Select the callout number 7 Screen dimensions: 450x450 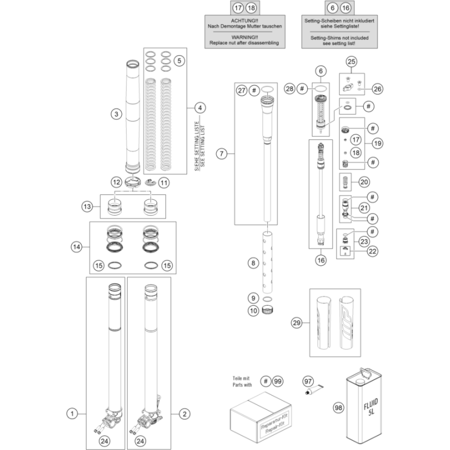click(x=222, y=153)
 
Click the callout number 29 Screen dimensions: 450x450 click(x=296, y=322)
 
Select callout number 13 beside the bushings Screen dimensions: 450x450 click(x=87, y=207)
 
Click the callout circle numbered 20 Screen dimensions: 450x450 click(x=363, y=181)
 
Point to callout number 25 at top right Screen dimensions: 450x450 click(x=352, y=62)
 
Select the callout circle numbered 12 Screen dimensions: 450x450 click(x=116, y=182)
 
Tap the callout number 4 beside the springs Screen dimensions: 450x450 click(x=200, y=107)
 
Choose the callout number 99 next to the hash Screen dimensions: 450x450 click(x=278, y=381)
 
